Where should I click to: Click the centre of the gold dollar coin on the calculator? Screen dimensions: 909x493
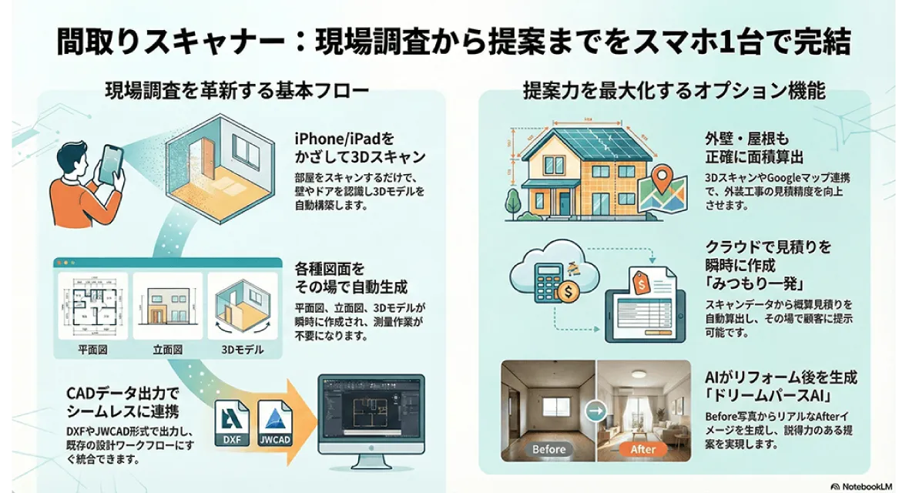[x=568, y=290]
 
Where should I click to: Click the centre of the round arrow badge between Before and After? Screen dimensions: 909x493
[x=595, y=412]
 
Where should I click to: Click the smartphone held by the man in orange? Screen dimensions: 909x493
[x=112, y=163]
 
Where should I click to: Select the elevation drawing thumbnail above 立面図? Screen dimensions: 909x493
[x=167, y=306]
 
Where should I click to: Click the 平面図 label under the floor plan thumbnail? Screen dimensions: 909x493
[x=92, y=350]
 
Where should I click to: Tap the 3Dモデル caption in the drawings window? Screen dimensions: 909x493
[x=243, y=350]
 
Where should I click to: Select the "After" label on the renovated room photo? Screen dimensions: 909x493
[x=643, y=450]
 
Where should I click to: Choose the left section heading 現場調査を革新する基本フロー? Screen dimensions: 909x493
[x=237, y=91]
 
